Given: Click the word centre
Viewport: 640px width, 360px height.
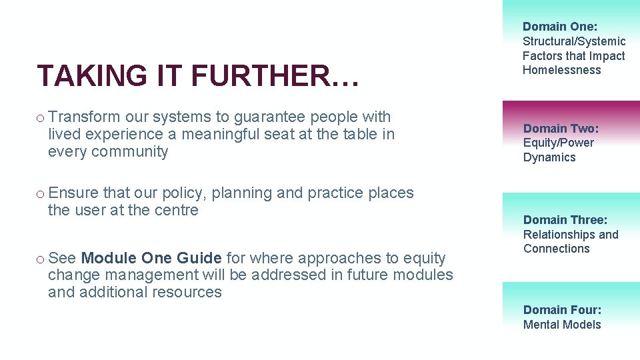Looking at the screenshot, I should (175, 210).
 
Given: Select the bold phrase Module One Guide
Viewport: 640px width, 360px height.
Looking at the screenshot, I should (151, 258).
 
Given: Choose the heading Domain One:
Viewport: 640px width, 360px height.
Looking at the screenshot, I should (560, 27).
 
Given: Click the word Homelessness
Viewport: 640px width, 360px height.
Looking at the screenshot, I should (562, 70).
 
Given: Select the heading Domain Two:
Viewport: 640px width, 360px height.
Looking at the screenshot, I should (561, 128).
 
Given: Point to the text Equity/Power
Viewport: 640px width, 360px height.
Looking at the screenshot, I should (559, 143).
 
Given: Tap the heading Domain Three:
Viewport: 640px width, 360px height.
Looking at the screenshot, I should (565, 220).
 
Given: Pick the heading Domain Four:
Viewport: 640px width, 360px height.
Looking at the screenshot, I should (562, 309).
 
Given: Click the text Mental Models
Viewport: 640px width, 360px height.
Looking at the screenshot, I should (562, 325).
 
